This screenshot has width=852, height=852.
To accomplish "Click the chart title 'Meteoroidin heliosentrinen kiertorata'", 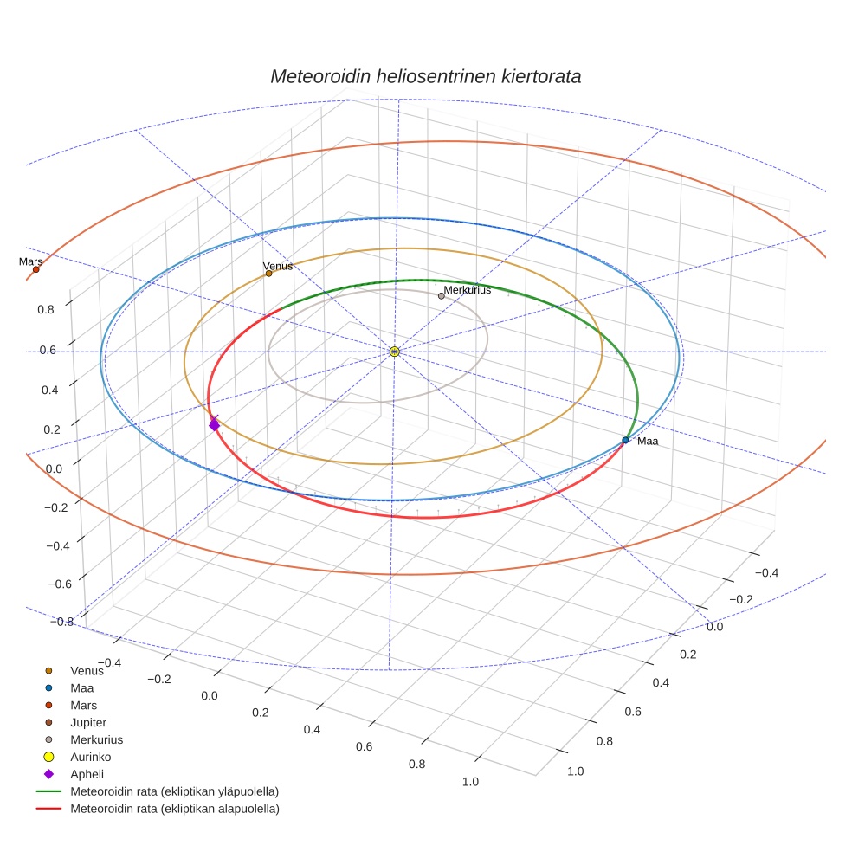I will (425, 76).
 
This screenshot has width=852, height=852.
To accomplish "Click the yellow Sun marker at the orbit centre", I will (394, 352).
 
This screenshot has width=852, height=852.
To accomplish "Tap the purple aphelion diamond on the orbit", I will (214, 424).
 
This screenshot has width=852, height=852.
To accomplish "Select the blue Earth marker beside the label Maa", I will (625, 441).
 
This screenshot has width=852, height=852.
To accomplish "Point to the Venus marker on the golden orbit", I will (268, 274).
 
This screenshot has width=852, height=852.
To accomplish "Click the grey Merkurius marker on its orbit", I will (442, 296).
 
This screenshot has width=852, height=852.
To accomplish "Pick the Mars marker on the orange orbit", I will (35, 269).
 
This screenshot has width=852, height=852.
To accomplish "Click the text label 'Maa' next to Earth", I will (648, 442).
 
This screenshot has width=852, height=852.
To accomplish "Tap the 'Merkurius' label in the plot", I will (473, 290).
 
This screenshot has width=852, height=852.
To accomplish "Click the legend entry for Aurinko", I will (90, 757).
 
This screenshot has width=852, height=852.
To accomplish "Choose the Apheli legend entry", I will (87, 774).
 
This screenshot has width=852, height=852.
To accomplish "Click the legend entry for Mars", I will (83, 705).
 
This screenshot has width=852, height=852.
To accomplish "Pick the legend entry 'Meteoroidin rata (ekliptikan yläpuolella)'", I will (174, 791).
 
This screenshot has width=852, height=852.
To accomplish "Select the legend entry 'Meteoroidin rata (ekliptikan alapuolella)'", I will (174, 809).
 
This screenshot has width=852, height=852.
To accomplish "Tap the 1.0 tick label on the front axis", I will (471, 782).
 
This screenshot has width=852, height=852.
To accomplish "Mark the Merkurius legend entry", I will (96, 739).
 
